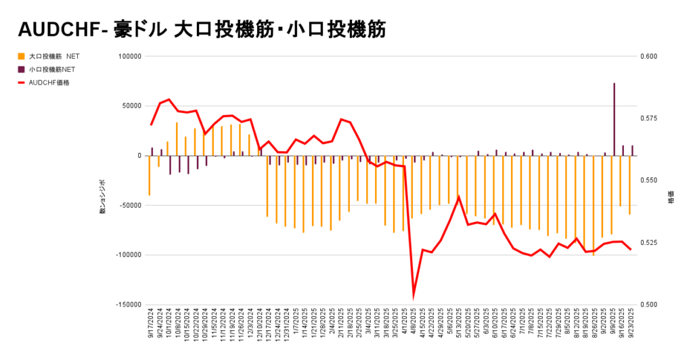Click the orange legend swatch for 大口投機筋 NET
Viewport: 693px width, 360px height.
(x=22, y=56)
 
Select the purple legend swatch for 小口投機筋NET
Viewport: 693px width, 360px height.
(x=22, y=69)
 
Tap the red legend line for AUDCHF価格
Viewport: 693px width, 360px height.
(x=22, y=83)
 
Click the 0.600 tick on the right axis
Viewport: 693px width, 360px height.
(x=648, y=56)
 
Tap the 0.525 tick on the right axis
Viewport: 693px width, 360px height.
(x=648, y=242)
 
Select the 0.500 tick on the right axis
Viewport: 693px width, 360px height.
(x=648, y=305)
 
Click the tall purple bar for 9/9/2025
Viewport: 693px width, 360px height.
(x=614, y=119)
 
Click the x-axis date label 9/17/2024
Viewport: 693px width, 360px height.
(x=151, y=324)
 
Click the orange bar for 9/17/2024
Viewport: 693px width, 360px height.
(x=150, y=175)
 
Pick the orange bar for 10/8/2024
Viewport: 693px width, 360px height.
(x=177, y=139)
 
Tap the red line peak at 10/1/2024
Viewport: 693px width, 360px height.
(x=169, y=99)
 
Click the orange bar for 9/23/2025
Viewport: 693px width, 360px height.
(x=630, y=185)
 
